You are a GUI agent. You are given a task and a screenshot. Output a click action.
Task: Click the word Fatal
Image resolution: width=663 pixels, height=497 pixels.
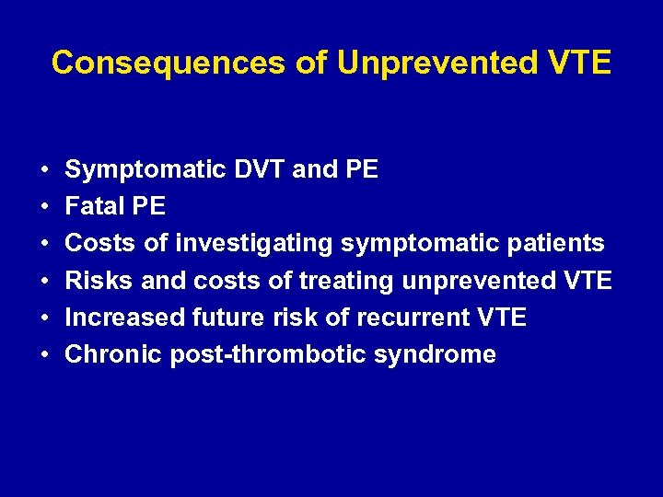pos(96,206)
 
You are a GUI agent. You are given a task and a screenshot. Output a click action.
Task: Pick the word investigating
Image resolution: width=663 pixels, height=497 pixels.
pos(254,244)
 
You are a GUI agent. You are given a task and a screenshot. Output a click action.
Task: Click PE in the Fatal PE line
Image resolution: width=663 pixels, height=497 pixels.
pos(148,206)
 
